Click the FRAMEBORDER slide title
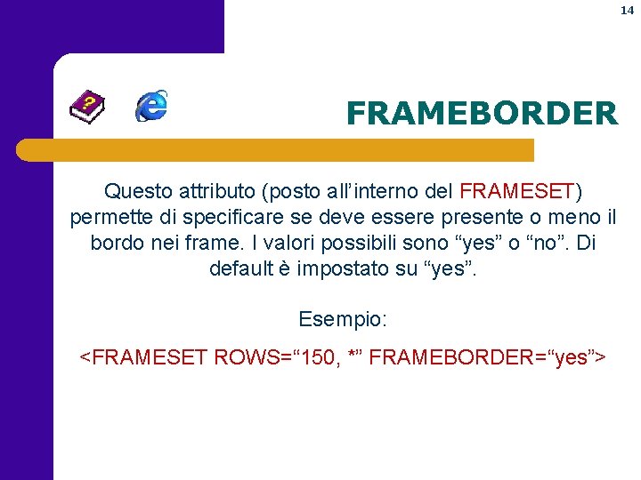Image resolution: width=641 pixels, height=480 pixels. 481,114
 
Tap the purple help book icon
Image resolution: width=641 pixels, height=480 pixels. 87,108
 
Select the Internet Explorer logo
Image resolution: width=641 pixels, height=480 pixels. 152,106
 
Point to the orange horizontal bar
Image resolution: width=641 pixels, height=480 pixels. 276,149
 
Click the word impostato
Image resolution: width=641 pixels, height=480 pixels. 342,268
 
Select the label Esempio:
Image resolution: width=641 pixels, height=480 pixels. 343,318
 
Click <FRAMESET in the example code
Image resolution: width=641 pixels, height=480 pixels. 143,357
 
